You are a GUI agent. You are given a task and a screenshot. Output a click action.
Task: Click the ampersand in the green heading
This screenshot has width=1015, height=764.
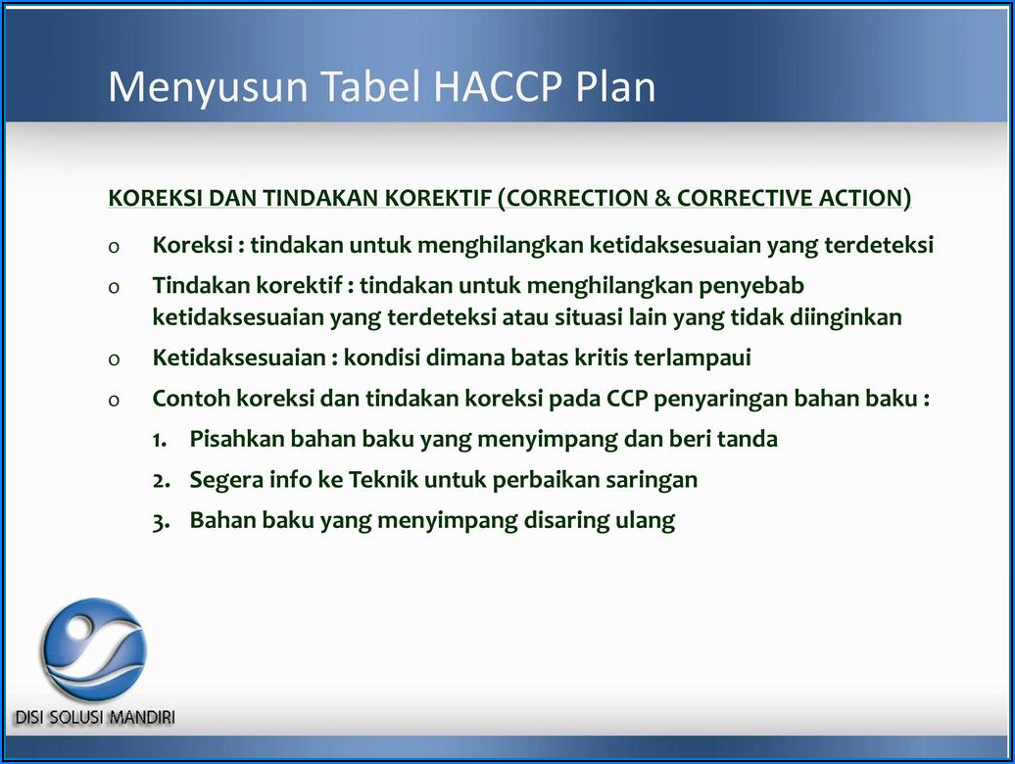tap(662, 198)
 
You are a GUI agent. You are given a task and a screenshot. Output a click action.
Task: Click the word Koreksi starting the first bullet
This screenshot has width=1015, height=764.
tap(192, 245)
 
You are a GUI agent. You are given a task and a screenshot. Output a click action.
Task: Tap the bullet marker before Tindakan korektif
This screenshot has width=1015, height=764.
tap(114, 288)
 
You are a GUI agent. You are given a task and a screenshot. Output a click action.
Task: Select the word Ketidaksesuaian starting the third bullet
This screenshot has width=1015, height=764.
tap(239, 358)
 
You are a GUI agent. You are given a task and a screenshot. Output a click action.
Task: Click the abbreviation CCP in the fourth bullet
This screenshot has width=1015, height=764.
tap(627, 399)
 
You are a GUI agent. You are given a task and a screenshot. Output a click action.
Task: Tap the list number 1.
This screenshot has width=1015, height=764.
tap(160, 440)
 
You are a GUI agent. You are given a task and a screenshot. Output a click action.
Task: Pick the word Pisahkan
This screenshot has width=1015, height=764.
tap(236, 439)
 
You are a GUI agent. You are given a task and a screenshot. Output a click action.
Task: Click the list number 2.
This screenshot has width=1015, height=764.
tap(162, 481)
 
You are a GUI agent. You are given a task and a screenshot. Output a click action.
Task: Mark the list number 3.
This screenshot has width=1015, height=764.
tap(162, 522)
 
